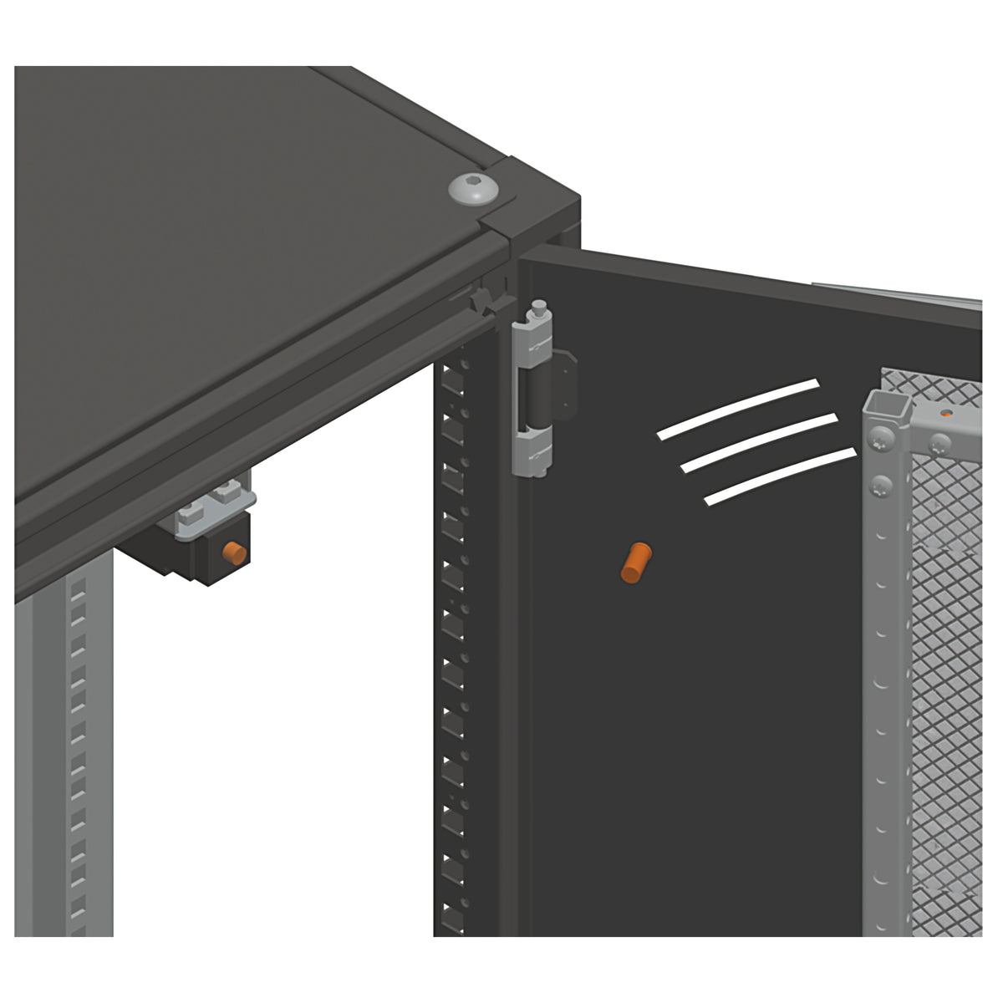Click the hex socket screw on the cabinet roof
[471, 189]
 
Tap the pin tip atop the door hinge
[539, 305]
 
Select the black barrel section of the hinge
[537, 398]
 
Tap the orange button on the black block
[233, 552]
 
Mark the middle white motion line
[759, 441]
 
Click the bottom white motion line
[780, 476]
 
